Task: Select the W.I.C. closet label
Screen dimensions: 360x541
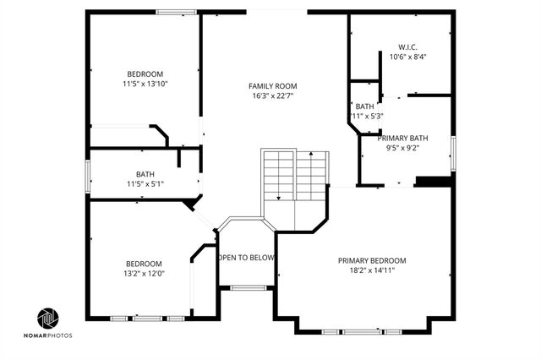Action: tap(407, 46)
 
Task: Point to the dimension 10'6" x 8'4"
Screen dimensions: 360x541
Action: tap(407, 57)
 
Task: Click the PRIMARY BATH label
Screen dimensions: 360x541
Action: tap(404, 138)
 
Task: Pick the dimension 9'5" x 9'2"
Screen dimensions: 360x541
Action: tap(404, 148)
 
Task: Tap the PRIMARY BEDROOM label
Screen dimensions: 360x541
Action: tap(372, 260)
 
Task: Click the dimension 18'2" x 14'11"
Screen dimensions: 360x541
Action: tap(372, 270)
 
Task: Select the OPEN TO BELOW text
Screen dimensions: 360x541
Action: tap(246, 258)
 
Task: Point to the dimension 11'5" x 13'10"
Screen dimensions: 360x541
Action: tap(145, 85)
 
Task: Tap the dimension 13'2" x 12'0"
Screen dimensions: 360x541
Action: tap(145, 273)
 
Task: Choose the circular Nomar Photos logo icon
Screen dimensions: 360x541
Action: tap(48, 319)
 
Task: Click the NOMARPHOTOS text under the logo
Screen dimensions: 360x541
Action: tap(48, 335)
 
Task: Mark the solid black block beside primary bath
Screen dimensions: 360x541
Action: tap(434, 181)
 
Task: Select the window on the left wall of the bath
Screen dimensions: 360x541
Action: tap(89, 175)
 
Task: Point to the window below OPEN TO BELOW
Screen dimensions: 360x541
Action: tap(247, 288)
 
